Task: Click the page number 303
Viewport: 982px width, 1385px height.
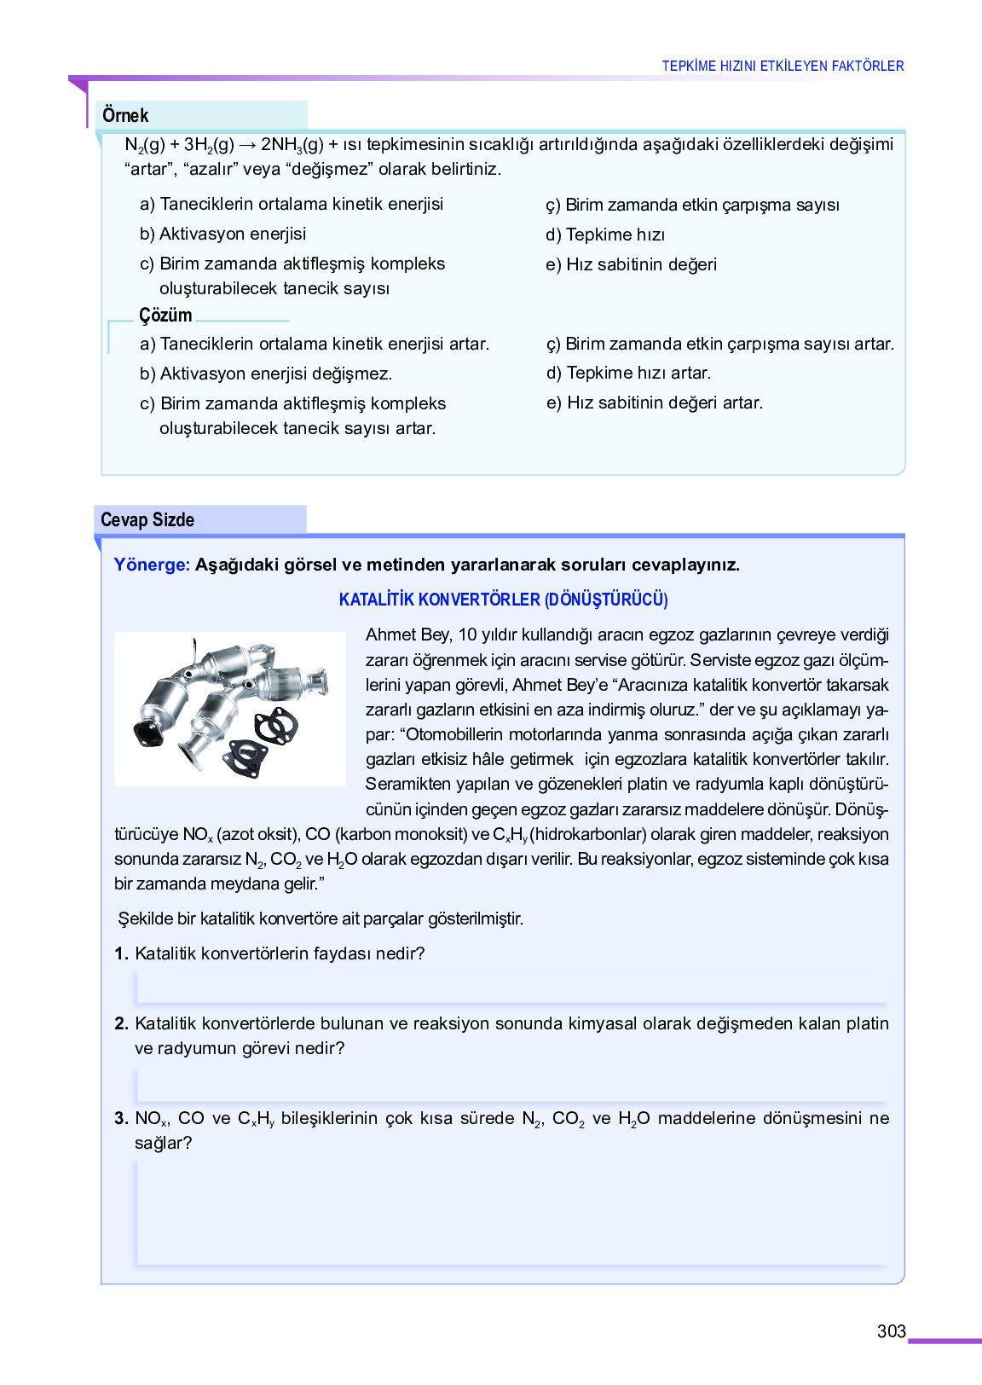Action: coord(891,1331)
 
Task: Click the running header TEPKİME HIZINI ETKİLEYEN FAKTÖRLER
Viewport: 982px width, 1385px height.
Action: coord(783,66)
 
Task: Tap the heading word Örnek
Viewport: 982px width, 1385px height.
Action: coord(125,115)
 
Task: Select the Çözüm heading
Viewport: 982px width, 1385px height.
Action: coord(165,315)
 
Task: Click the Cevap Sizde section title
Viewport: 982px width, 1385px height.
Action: coord(147,519)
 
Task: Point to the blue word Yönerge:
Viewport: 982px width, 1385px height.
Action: coord(152,565)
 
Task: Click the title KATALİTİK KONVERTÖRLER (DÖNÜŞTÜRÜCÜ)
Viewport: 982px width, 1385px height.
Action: coord(503,600)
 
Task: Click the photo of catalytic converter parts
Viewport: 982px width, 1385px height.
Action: coord(230,709)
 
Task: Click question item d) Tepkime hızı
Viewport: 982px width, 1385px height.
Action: coord(605,235)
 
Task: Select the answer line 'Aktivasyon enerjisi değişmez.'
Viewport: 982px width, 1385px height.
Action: coord(266,374)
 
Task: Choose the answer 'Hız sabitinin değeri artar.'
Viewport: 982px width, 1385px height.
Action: coord(655,403)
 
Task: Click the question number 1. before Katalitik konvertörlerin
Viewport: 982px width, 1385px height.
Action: coord(121,953)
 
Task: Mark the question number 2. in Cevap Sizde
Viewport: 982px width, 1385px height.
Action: coord(121,1023)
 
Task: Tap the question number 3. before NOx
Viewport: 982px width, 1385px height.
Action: coord(121,1118)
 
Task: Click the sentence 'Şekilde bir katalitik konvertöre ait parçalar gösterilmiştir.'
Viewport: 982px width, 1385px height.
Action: coord(321,919)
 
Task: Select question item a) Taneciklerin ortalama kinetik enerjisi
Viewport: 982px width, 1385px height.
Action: coord(292,204)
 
